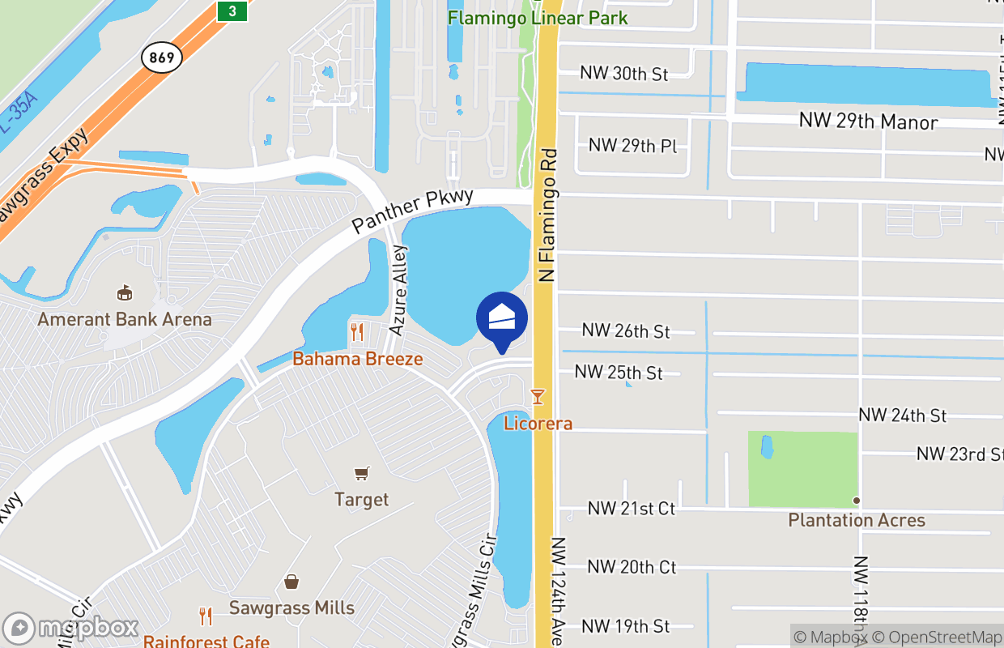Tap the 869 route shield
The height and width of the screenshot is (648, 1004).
(161, 57)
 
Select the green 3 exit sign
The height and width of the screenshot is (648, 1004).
(232, 10)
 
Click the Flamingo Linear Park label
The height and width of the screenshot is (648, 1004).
(538, 17)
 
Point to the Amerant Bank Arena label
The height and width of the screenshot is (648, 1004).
(125, 319)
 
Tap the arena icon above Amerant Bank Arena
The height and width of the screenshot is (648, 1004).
(125, 292)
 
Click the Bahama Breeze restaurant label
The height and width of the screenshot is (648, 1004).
(358, 358)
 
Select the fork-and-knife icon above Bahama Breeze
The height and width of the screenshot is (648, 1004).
(356, 332)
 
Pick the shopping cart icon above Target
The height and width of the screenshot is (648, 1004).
(362, 473)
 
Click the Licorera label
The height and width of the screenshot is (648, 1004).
(538, 423)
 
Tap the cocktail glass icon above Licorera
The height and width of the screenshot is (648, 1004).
(536, 396)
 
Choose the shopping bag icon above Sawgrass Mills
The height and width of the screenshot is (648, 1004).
(291, 582)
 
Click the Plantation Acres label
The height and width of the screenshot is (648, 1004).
(857, 520)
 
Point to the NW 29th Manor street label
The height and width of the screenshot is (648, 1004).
(868, 122)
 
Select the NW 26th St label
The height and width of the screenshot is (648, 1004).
(626, 331)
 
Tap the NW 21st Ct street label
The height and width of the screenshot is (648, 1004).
(632, 509)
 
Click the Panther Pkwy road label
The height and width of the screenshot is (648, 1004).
(402, 214)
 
